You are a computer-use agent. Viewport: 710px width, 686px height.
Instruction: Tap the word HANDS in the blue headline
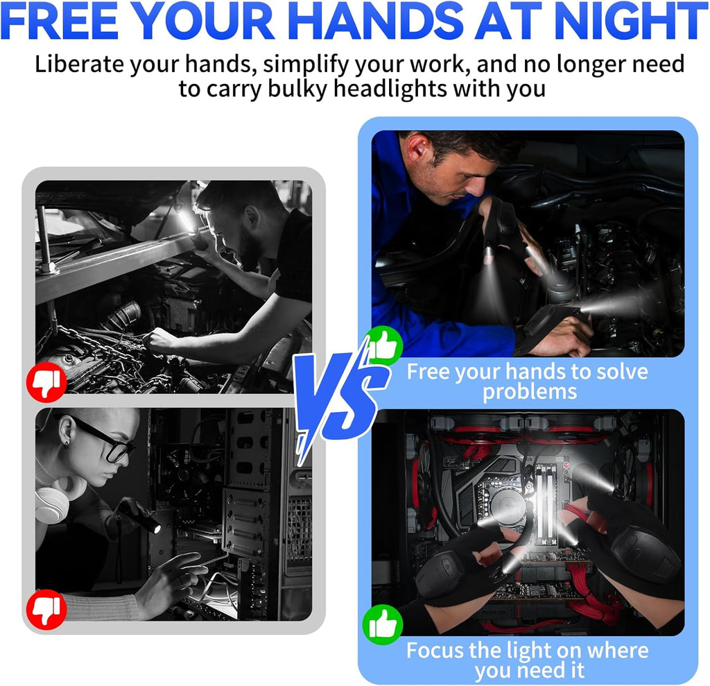[x=372, y=20]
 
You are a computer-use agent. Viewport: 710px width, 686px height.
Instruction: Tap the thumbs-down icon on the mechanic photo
[x=46, y=381]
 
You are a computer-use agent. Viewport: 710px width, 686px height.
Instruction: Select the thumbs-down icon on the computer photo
[x=46, y=609]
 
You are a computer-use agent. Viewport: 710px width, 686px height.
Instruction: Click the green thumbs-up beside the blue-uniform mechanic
[x=383, y=345]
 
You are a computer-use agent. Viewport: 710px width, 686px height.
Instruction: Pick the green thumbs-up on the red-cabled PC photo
[x=383, y=624]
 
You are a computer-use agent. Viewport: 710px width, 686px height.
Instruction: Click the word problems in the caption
[x=529, y=392]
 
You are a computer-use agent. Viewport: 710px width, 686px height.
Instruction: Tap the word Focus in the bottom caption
[x=435, y=650]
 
